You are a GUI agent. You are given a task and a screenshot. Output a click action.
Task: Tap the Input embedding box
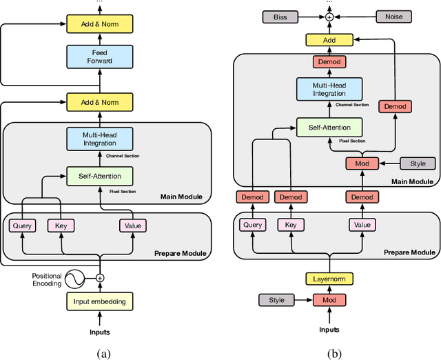click(x=100, y=301)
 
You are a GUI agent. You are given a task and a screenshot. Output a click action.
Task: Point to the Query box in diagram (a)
click(x=23, y=225)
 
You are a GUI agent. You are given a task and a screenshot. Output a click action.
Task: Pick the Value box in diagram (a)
click(x=134, y=225)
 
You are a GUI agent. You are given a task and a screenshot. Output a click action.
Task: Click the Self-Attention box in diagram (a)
click(x=100, y=176)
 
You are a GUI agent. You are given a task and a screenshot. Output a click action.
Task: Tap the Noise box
click(x=393, y=16)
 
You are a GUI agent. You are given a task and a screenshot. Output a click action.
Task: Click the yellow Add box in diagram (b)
click(x=329, y=41)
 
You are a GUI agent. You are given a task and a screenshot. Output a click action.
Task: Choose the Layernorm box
click(x=329, y=279)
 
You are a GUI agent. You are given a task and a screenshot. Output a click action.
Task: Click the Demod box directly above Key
click(x=291, y=198)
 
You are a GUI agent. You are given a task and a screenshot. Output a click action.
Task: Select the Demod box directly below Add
click(x=329, y=62)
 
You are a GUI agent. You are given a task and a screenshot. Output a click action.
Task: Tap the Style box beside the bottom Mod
click(x=276, y=301)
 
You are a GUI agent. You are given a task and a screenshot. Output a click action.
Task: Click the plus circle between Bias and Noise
click(x=329, y=16)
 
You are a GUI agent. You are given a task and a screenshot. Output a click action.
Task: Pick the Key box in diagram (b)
click(x=291, y=225)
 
